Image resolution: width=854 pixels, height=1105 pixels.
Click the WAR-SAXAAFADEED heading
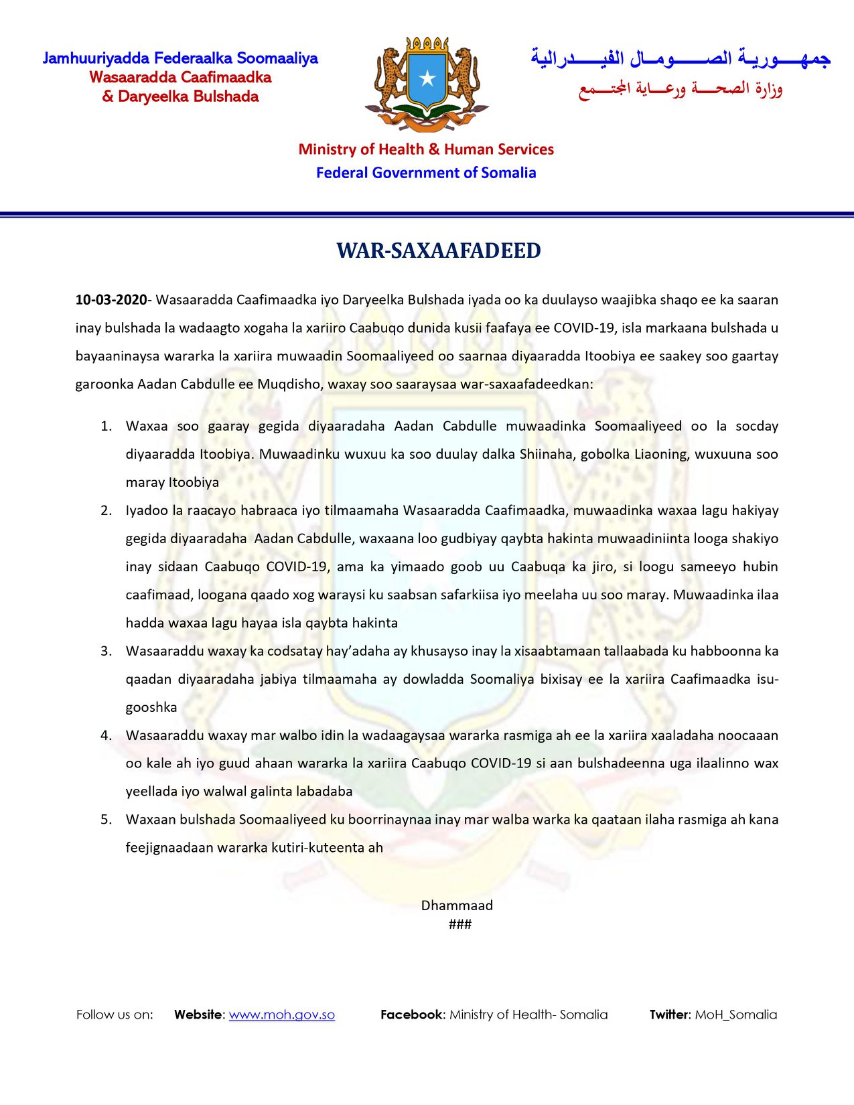[438, 250]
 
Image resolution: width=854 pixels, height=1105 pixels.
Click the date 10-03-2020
[111, 299]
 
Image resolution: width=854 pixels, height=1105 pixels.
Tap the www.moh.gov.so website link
[281, 1014]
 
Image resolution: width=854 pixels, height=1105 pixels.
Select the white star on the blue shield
[427, 79]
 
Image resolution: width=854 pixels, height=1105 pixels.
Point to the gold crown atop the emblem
[427, 45]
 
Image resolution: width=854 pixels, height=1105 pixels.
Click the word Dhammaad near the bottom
[457, 905]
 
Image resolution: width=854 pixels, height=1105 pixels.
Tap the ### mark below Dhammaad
[460, 924]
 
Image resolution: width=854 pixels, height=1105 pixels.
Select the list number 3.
[106, 651]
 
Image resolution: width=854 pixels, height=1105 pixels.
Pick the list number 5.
[106, 819]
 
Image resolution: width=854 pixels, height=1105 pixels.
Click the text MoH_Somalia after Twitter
[735, 1014]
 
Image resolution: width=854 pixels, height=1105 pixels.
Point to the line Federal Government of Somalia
[426, 173]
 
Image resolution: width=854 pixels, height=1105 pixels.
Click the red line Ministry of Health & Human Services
[426, 149]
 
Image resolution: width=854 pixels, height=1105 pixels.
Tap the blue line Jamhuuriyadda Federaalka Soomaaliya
[180, 58]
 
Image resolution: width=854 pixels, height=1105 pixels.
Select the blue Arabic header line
[680, 59]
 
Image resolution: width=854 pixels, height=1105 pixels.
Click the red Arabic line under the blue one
[680, 89]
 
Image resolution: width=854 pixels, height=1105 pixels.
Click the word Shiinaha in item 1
[547, 454]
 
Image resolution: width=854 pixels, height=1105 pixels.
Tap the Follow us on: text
[115, 1014]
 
